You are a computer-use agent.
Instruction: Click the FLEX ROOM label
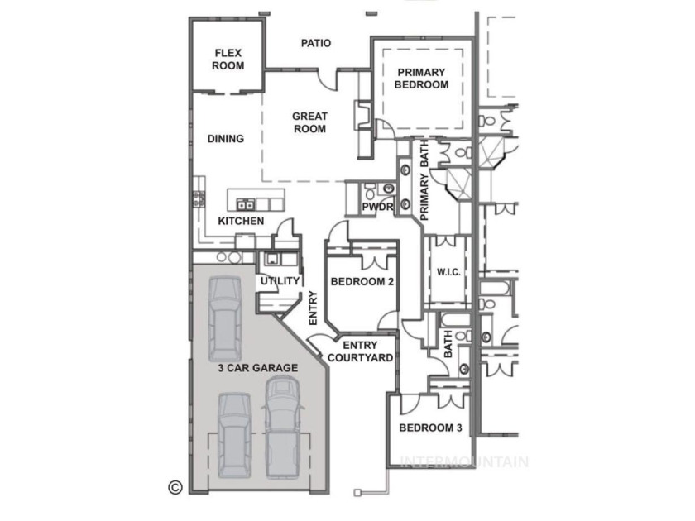[228, 60]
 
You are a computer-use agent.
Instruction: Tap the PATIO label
[315, 43]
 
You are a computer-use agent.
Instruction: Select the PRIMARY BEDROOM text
[421, 79]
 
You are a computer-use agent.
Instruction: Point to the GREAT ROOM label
[309, 122]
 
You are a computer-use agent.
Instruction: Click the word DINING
[226, 139]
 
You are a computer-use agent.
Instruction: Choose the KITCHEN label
[241, 221]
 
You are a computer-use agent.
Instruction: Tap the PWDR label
[377, 207]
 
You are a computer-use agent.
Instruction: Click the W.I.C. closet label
[448, 272]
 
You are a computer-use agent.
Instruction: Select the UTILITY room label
[280, 281]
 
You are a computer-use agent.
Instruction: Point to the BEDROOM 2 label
[362, 281]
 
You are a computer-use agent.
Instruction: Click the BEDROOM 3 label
[430, 428]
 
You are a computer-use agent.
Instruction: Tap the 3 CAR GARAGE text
[257, 368]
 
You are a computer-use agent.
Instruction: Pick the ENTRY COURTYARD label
[361, 351]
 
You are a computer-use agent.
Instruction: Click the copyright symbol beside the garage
[175, 487]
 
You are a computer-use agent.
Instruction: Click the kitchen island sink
[245, 204]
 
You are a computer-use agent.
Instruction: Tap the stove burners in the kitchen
[199, 198]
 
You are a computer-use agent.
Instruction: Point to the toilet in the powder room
[370, 192]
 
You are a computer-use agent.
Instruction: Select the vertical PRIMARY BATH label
[424, 180]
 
